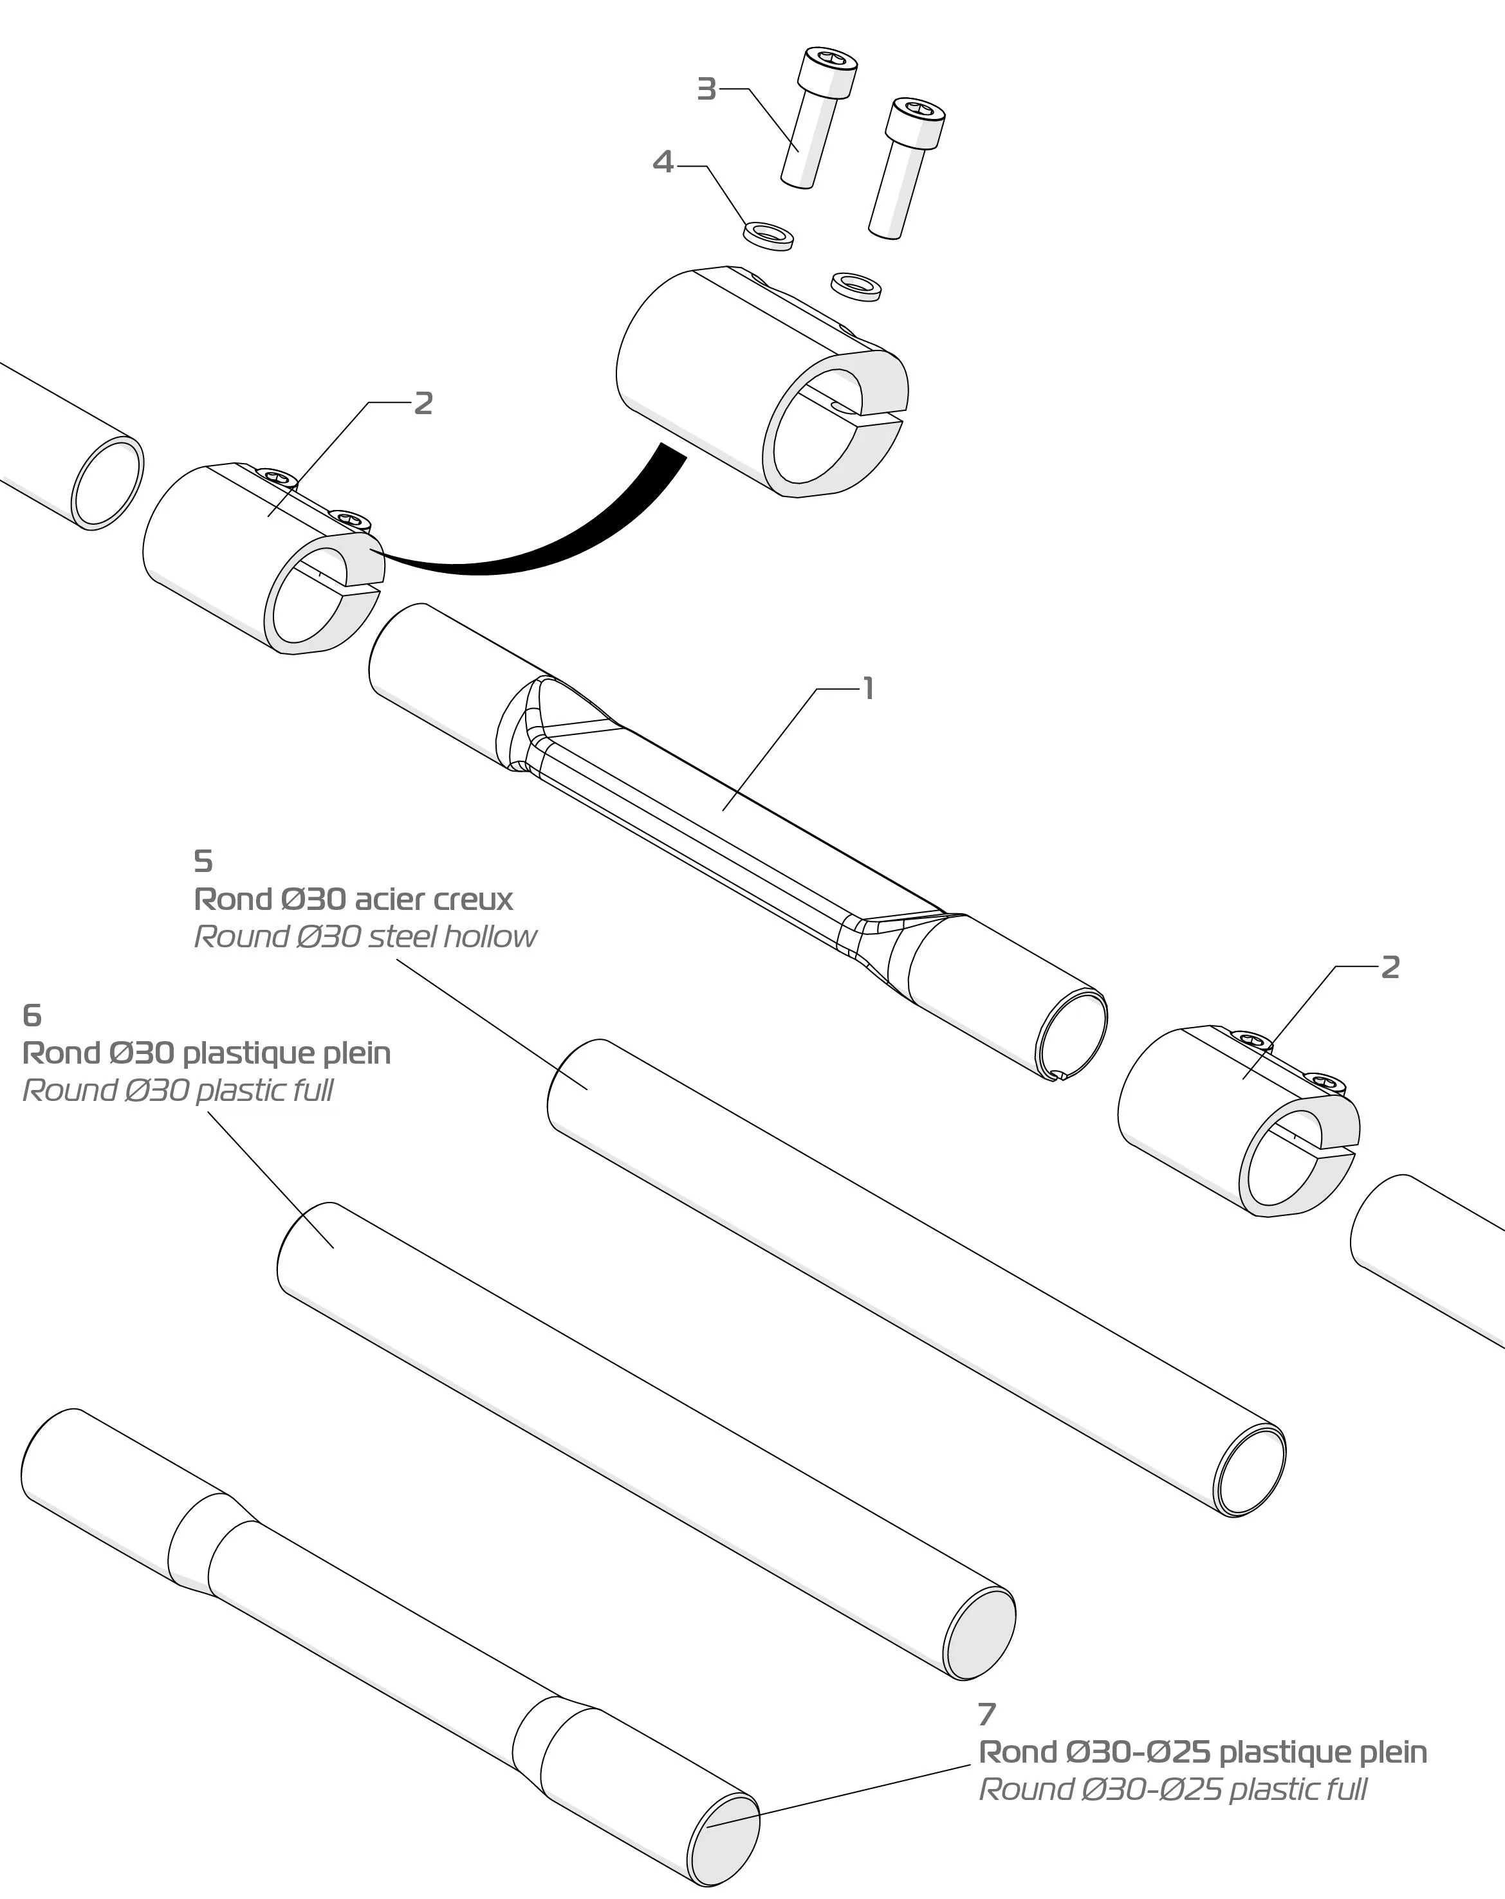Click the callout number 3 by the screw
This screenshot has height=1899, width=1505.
706,89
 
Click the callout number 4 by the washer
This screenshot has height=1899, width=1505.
663,162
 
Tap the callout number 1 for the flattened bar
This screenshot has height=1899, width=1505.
869,689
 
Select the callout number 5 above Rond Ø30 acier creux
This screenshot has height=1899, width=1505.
203,860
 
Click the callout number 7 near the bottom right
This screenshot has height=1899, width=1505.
987,1714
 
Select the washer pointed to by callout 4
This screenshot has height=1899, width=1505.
768,237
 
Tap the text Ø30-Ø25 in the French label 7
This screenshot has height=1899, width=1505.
1138,1753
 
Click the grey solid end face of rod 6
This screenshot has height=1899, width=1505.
980,1634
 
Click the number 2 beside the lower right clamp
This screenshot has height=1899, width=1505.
1390,967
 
